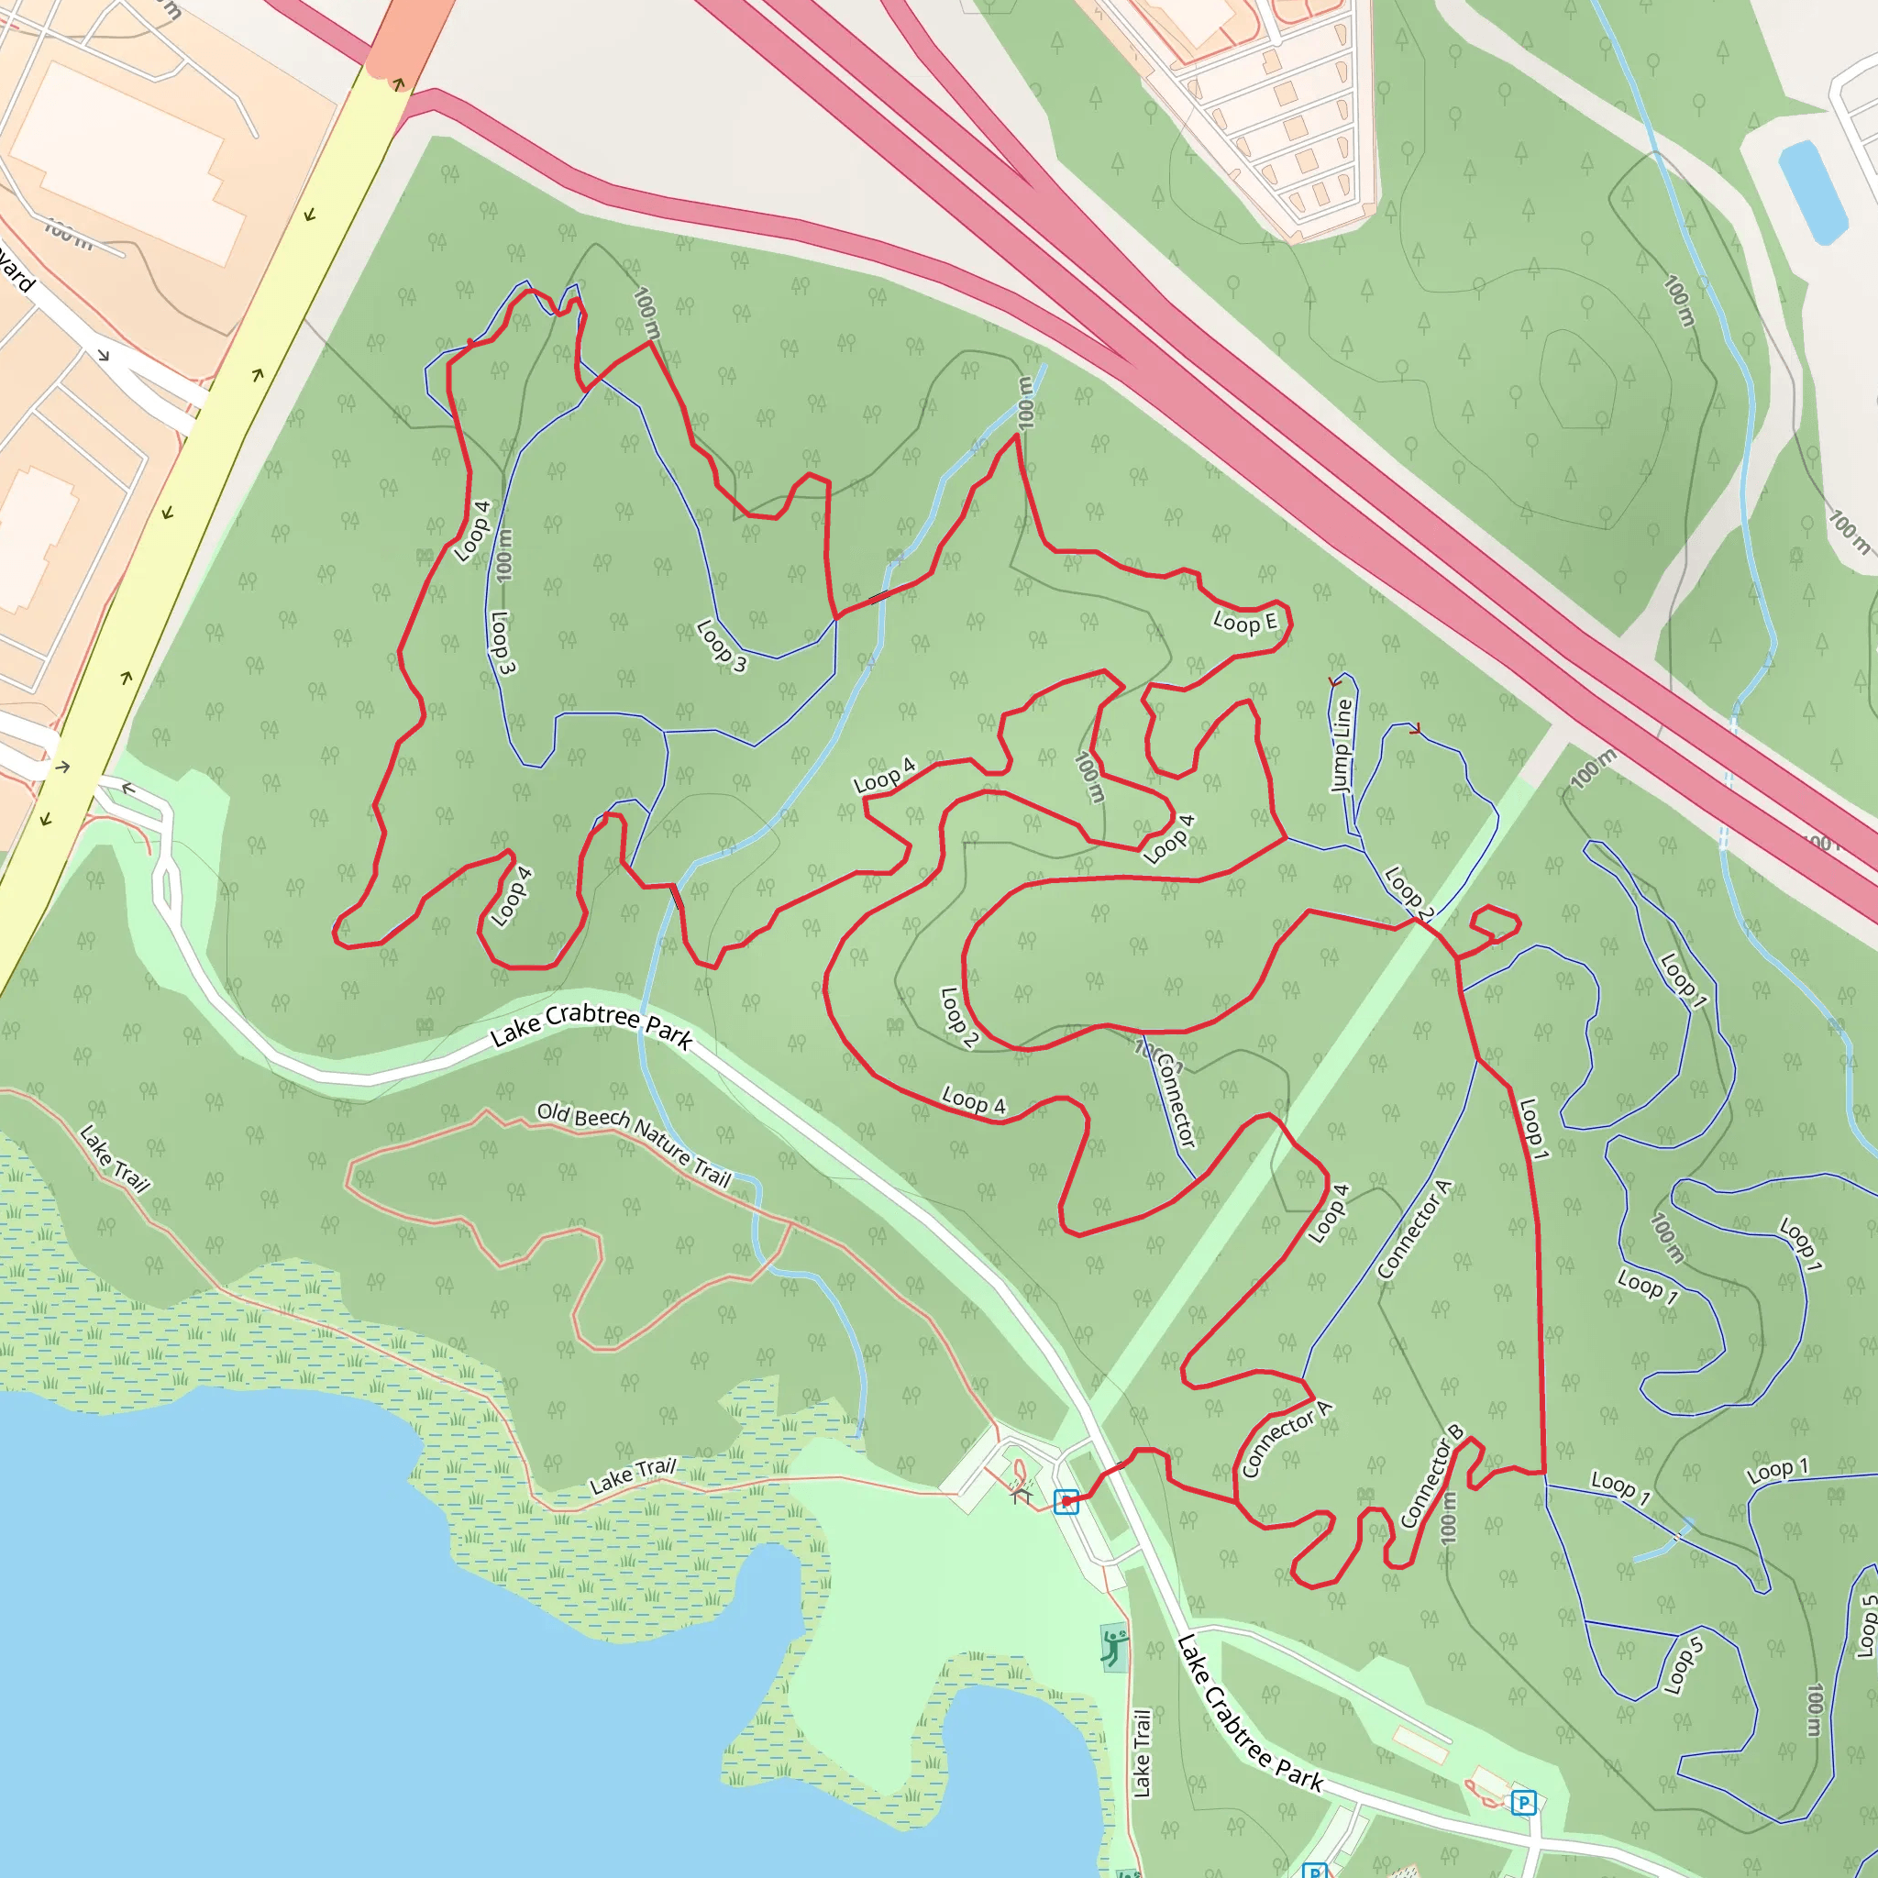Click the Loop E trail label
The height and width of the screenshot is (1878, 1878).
[x=1245, y=622]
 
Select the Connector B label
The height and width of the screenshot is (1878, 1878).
[x=1431, y=1476]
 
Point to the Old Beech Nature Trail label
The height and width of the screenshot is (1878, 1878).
[x=634, y=1144]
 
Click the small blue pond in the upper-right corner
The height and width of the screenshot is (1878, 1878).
[x=1813, y=192]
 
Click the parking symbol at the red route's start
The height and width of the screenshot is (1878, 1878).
[x=1066, y=1502]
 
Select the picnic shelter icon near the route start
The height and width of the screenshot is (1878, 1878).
[x=1021, y=1492]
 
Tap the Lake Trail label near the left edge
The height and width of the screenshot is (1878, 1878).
[x=115, y=1159]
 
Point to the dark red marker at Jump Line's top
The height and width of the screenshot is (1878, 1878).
[x=1334, y=682]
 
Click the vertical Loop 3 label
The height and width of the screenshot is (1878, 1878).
[x=503, y=643]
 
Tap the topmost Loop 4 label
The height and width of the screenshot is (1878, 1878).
[x=472, y=531]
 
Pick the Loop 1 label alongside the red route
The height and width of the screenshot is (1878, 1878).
[x=1533, y=1129]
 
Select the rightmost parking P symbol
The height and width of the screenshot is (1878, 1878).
[x=1523, y=1803]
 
